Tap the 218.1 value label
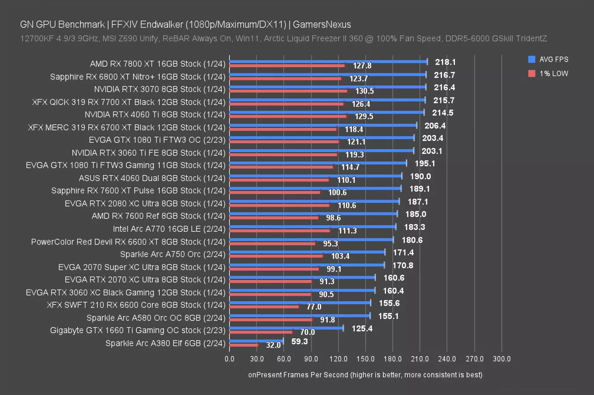[445, 62]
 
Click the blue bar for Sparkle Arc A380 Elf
[256, 341]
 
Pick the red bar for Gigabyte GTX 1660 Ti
[261, 332]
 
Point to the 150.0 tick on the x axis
[365, 359]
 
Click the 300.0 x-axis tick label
[501, 359]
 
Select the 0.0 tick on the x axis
[229, 359]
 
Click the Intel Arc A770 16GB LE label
[169, 229]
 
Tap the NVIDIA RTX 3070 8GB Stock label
[160, 89]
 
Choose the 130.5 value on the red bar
[364, 91]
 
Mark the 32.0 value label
[273, 345]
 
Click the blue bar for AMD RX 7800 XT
[328, 61]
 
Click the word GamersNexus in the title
[322, 25]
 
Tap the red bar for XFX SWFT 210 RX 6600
[264, 306]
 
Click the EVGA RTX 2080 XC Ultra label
[145, 204]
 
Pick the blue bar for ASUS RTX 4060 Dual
[315, 176]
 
